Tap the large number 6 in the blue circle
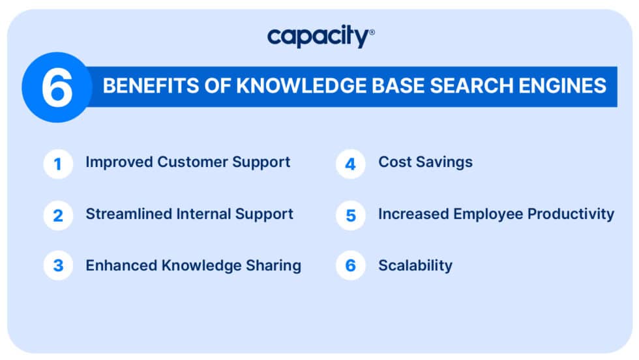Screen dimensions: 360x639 (56, 87)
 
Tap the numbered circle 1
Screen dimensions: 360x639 (58, 164)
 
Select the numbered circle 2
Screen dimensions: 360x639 (58, 215)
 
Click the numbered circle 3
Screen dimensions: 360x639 (58, 266)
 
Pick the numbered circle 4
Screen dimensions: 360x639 (351, 164)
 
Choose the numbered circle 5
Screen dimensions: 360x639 (351, 215)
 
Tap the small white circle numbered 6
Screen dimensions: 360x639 (351, 266)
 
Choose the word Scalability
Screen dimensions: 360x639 (415, 265)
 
